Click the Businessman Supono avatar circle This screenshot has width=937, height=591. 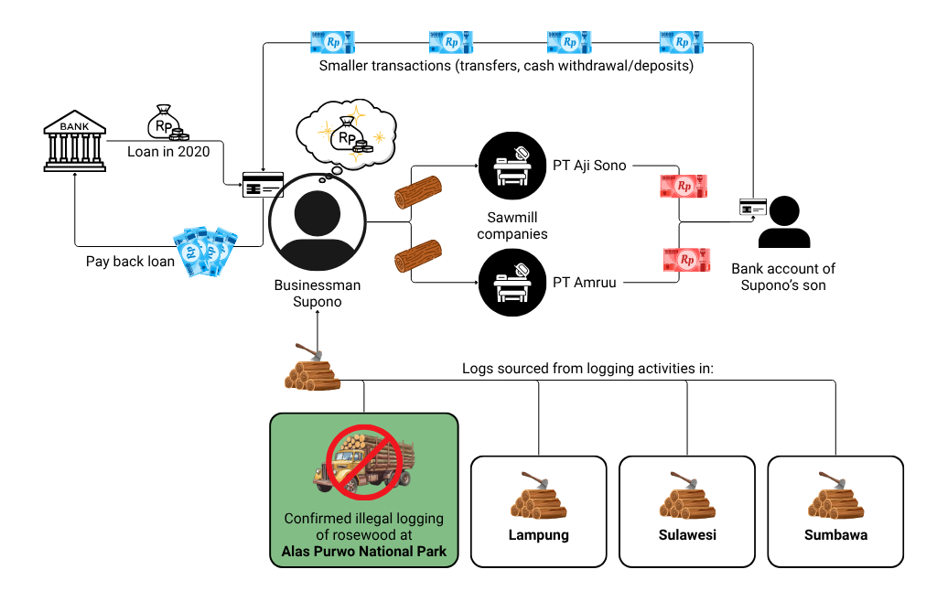pos(317,221)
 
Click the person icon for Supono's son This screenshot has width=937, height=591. pos(784,222)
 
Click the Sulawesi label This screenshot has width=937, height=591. pos(686,535)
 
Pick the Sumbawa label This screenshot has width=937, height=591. pos(835,535)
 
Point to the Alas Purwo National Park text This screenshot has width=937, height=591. pos(363,551)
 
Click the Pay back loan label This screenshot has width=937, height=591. pos(130,262)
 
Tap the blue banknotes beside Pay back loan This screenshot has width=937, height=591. pos(206,252)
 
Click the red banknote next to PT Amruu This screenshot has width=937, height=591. pos(687,260)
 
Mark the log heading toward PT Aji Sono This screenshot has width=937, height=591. pos(417,191)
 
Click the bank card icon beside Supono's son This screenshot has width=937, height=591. pos(752,208)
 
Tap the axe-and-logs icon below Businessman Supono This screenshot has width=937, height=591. pos(310,368)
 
